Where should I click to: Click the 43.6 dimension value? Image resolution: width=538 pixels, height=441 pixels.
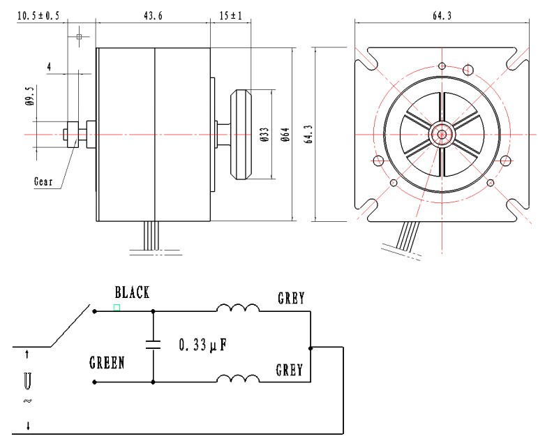point(153,16)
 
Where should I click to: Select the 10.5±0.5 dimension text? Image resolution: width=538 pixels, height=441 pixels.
point(38,16)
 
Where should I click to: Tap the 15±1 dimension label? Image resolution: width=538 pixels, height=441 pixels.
point(231,16)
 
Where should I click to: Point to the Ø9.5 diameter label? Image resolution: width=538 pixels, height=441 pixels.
point(30,96)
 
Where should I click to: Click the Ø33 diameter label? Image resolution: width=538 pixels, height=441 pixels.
point(264,135)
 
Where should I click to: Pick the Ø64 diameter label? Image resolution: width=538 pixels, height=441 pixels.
point(285,135)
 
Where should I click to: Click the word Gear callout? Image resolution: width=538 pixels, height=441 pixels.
point(43,181)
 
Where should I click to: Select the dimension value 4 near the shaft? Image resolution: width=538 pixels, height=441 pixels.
point(49,66)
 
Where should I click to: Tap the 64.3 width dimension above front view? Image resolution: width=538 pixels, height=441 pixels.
point(442,16)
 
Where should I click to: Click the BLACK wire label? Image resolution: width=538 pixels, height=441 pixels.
point(133,292)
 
